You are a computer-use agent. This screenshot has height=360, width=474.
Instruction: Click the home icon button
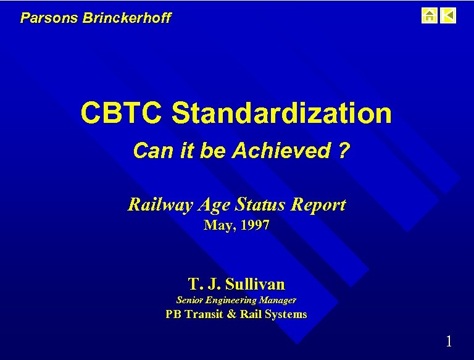point(429,15)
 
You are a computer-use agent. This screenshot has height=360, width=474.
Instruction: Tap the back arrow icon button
point(449,15)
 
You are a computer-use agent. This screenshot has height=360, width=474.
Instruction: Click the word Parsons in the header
point(41,18)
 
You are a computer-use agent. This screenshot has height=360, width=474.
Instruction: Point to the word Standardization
point(281,113)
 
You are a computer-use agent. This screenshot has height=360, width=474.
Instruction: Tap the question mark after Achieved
point(343,151)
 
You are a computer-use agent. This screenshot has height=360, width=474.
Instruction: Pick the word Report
point(317,205)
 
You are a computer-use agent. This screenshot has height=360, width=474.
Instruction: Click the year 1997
point(253,225)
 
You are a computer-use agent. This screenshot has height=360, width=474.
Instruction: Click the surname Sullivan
point(255,284)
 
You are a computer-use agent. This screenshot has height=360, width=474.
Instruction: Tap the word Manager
point(278,300)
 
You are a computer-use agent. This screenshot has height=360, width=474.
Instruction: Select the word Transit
point(204,314)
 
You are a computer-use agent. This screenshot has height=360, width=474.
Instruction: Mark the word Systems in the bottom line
point(286,314)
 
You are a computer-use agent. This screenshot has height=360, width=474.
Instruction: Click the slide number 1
point(449,341)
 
